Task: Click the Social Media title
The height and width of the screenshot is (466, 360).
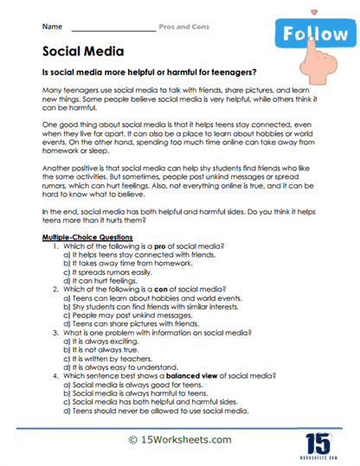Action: tap(82, 53)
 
